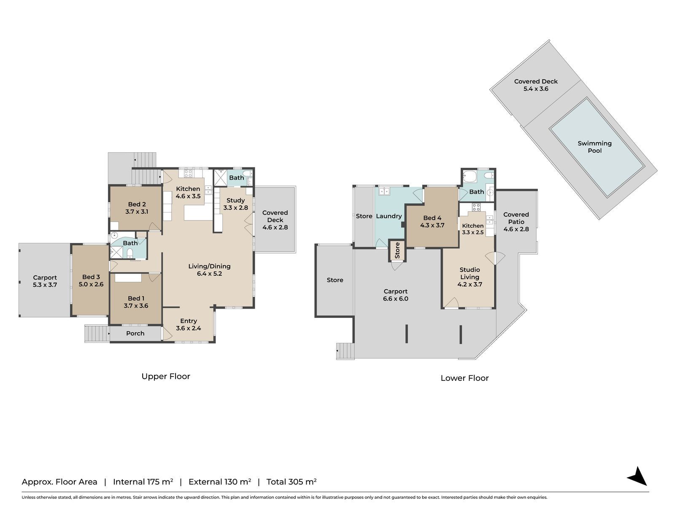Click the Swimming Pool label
(594, 147)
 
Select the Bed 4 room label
(432, 218)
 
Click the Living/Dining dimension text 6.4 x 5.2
(209, 273)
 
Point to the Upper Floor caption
(166, 377)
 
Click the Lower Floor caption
(464, 378)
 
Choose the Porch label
(135, 334)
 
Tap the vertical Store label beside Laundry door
(397, 250)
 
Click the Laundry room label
(389, 216)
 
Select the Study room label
(235, 200)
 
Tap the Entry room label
(189, 321)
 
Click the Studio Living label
(470, 273)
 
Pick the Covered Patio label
(516, 218)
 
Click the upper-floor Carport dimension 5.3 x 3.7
(45, 285)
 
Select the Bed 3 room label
(91, 277)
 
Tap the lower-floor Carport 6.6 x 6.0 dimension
(395, 299)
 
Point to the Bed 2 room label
(137, 205)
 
